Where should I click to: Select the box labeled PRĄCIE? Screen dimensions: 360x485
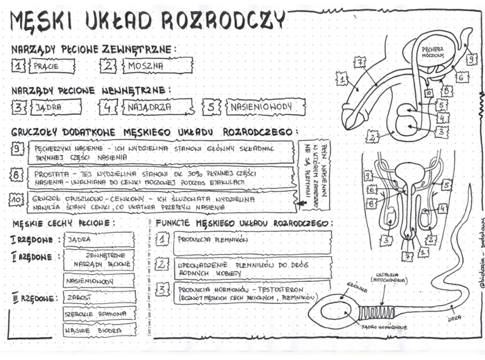click(51, 66)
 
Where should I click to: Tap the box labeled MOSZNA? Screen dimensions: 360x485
click(157, 66)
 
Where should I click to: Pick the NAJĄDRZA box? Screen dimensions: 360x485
click(156, 107)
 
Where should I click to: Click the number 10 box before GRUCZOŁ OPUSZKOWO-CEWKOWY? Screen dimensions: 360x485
click(17, 200)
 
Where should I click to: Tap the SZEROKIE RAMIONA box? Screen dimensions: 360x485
click(99, 314)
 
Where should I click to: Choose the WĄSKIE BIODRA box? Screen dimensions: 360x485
click(99, 330)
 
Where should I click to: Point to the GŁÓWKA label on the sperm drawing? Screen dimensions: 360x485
click(357, 284)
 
